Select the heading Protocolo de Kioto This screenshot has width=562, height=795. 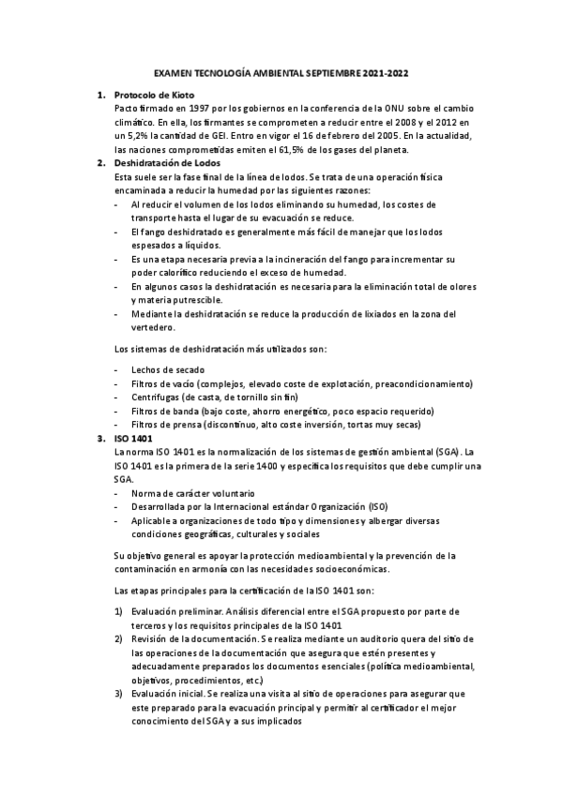click(153, 96)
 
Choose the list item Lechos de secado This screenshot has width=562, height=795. click(168, 369)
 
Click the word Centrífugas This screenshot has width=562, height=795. click(159, 397)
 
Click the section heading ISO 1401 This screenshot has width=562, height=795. click(133, 438)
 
